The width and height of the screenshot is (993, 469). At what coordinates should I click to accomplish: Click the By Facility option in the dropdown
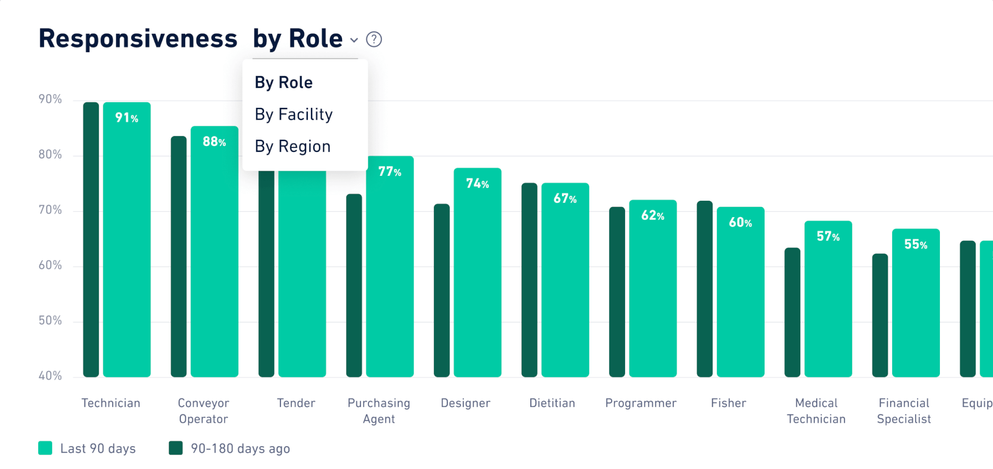point(293,115)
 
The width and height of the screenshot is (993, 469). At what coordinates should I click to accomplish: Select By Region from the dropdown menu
point(292,147)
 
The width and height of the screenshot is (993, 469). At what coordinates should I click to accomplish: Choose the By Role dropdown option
point(284,82)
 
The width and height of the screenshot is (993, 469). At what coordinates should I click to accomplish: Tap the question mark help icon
point(374,39)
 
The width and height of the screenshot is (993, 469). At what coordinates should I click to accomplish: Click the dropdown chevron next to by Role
point(354,40)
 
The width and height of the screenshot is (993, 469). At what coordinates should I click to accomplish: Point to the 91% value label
point(127,118)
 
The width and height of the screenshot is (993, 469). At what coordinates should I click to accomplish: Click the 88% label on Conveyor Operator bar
point(214,142)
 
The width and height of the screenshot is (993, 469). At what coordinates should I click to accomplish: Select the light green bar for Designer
point(477,278)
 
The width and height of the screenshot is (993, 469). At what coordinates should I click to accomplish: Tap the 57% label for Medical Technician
point(828,236)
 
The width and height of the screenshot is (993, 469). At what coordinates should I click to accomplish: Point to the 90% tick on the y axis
point(50,99)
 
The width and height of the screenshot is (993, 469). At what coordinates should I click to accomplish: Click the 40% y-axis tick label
point(50,376)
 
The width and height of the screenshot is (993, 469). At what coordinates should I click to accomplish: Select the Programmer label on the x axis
point(640,403)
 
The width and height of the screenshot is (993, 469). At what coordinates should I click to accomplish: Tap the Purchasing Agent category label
point(379,411)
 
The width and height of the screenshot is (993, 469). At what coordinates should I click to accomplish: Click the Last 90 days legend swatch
point(45,448)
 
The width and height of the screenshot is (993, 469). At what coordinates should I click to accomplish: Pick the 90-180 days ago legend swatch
point(176,448)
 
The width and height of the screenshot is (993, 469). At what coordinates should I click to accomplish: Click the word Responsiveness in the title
point(138,39)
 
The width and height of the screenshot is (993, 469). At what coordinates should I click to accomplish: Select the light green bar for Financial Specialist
point(916,308)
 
